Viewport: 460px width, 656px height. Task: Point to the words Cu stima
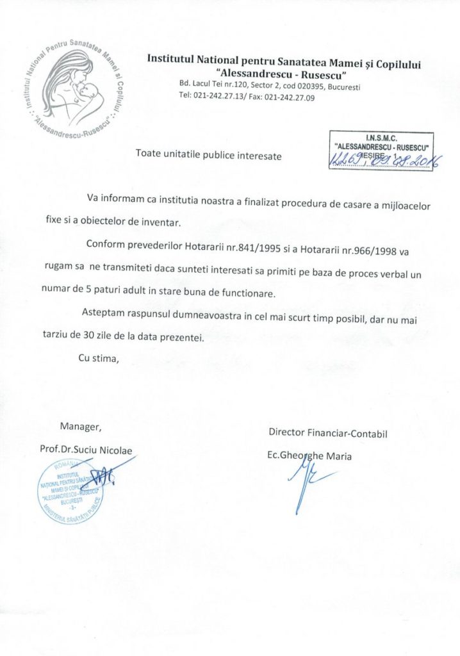pos(99,357)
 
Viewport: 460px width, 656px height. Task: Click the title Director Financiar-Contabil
pos(329,433)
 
